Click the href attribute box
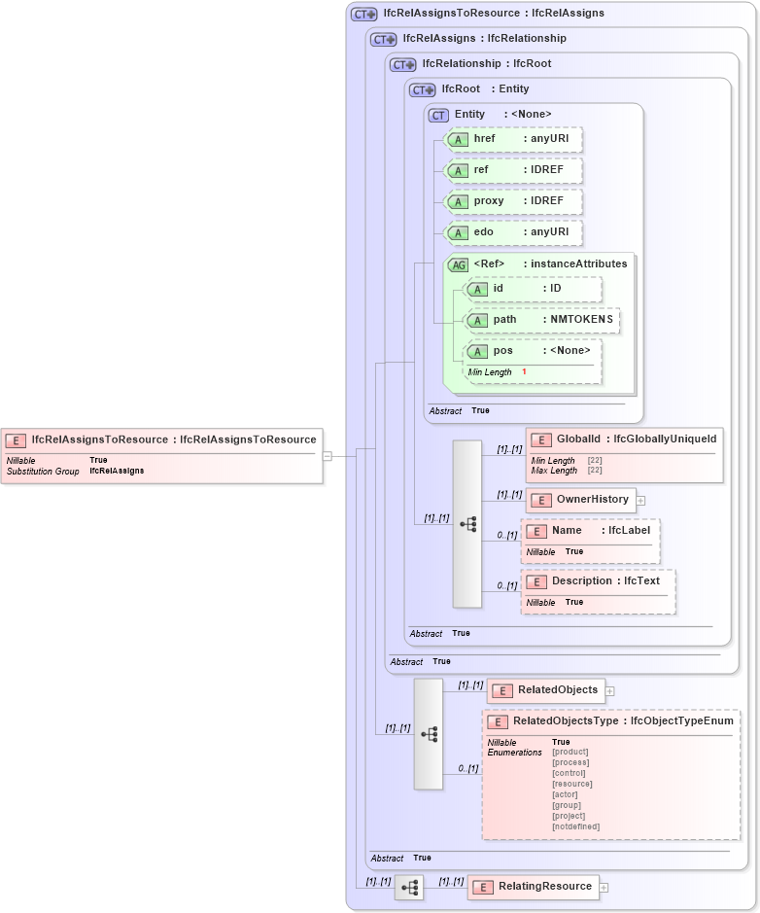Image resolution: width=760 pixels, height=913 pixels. (513, 139)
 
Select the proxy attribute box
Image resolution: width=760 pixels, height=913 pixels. (513, 201)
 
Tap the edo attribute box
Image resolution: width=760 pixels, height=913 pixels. (513, 232)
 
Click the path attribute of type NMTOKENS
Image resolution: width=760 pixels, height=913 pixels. (541, 320)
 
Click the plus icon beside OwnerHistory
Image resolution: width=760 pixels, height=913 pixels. (641, 501)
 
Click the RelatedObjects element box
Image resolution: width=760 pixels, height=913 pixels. (545, 690)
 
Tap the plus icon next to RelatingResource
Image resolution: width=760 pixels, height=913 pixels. (604, 887)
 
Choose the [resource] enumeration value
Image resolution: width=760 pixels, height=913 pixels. (571, 784)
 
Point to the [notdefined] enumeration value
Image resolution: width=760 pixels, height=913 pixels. (575, 826)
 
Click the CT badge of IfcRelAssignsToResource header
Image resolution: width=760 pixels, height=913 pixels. (364, 14)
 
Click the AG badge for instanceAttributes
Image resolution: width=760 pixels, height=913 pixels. (458, 264)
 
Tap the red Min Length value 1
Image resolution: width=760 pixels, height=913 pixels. (524, 372)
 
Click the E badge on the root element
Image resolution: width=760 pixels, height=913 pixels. (16, 440)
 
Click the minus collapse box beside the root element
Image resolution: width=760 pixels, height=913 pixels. (328, 455)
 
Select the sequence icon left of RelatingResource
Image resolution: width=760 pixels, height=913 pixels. (409, 888)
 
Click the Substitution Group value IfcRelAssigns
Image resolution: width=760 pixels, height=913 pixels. (117, 471)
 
